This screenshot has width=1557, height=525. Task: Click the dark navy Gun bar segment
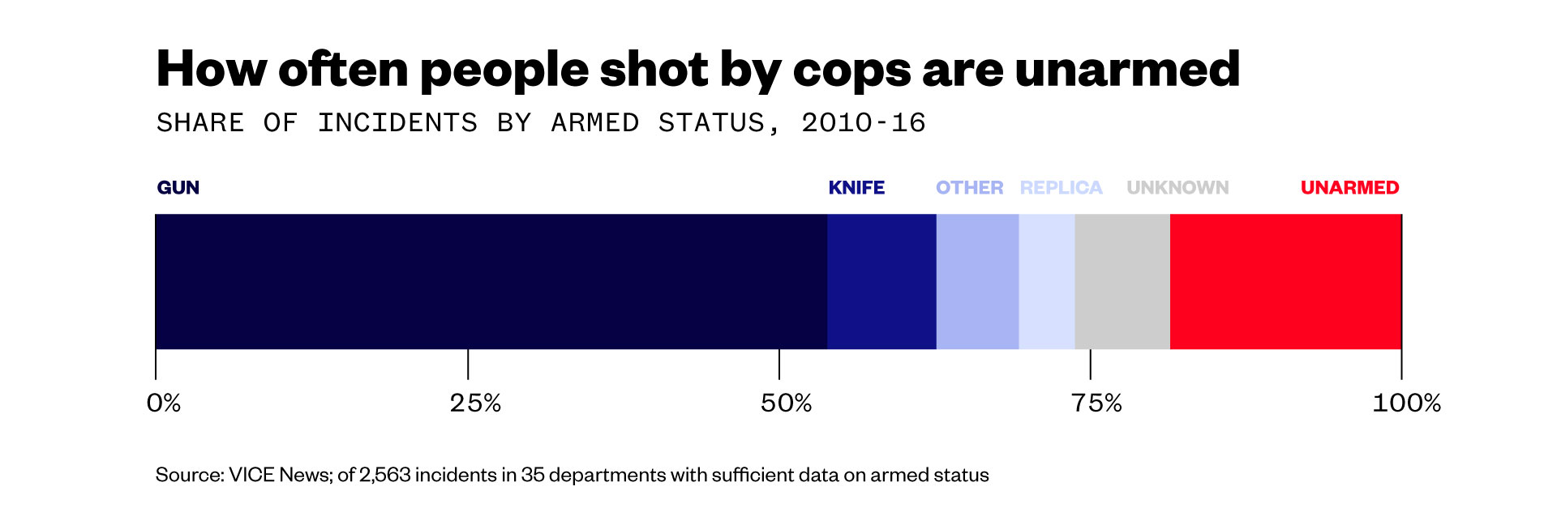(491, 281)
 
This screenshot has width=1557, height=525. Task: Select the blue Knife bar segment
(881, 281)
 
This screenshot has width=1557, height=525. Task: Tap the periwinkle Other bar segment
(977, 281)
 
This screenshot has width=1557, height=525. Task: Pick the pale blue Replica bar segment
(1046, 281)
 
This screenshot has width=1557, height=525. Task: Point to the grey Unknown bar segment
(1122, 281)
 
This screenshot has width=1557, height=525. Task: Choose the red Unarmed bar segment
(1285, 281)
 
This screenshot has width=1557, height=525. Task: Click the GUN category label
(178, 188)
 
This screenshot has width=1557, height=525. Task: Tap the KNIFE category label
(856, 188)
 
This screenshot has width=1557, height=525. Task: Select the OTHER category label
(969, 188)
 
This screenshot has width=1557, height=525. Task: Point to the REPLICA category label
(1061, 188)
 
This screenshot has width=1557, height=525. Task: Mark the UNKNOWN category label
(1177, 188)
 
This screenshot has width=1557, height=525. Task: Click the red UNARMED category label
(1349, 188)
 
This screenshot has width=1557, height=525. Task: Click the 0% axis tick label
(164, 403)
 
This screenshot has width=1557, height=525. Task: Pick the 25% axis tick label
(475, 403)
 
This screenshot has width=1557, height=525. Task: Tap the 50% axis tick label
(786, 403)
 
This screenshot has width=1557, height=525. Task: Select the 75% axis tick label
(1096, 403)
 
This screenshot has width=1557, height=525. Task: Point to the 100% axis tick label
(1406, 403)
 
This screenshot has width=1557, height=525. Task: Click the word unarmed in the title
(1127, 70)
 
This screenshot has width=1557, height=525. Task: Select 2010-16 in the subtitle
(863, 123)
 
